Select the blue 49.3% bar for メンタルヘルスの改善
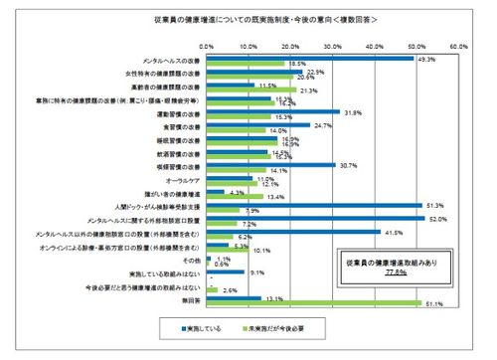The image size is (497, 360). (x=309, y=58)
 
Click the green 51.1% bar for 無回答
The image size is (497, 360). (x=313, y=304)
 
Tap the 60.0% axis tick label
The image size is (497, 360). (x=458, y=46)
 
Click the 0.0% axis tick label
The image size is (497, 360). (x=207, y=46)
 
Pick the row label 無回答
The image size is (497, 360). (x=190, y=298)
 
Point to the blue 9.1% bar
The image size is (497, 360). (x=225, y=270)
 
